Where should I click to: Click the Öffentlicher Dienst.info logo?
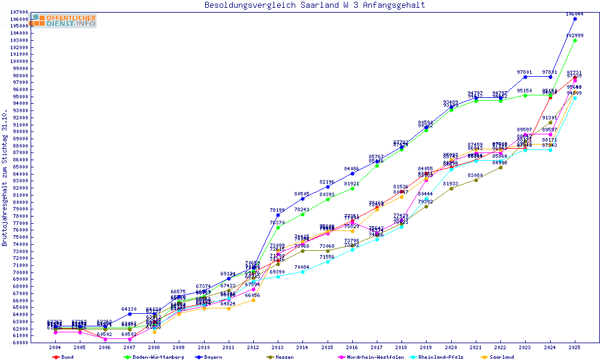[x=64, y=20]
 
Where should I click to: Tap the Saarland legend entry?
[x=500, y=357]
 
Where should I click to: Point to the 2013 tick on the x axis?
[x=278, y=347]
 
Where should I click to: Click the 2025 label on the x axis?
[x=575, y=347]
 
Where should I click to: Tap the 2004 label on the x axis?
[x=55, y=347]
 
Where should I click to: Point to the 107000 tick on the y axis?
[x=20, y=12]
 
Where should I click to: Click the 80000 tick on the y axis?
[x=20, y=202]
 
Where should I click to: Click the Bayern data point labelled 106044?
[x=575, y=19]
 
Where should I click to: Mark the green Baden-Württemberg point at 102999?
[x=575, y=40]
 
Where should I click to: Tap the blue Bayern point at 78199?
[x=278, y=215]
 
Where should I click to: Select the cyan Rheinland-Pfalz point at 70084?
[x=302, y=272]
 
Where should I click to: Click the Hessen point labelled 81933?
[x=451, y=188]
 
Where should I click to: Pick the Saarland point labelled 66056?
[x=253, y=300]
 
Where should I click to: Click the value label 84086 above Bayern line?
[x=352, y=169]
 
